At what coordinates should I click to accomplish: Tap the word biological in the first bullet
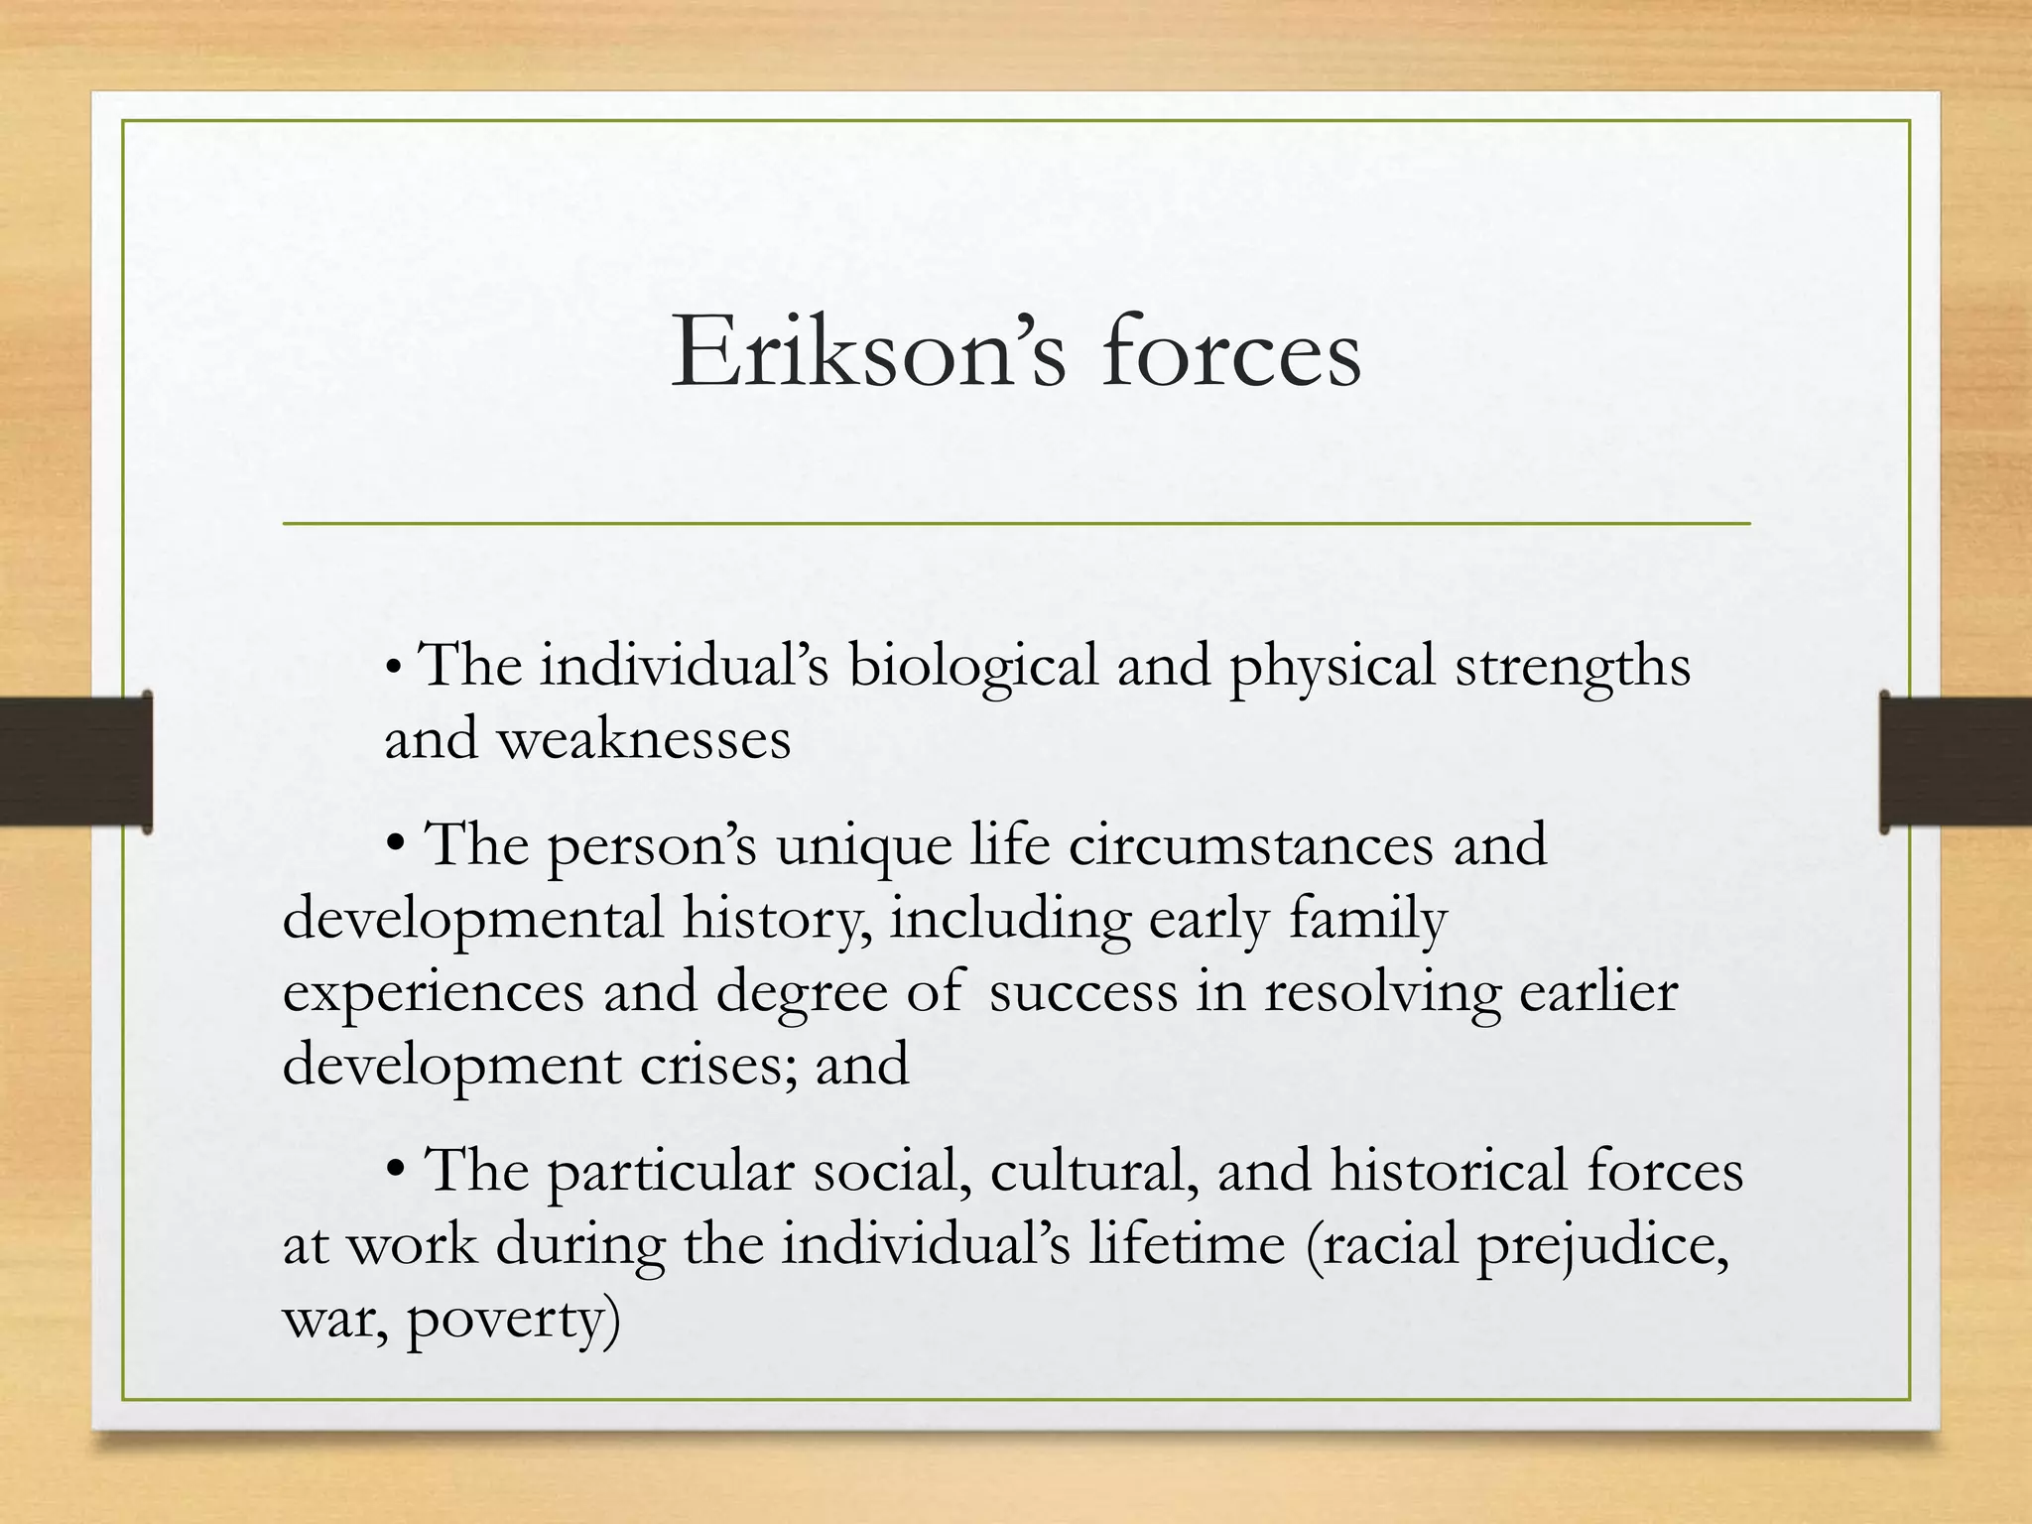point(972,666)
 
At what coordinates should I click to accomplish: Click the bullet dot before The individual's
point(394,668)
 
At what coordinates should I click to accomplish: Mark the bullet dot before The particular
point(396,1172)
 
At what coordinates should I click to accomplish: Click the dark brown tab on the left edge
point(74,761)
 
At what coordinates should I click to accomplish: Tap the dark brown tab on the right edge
point(1956,761)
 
